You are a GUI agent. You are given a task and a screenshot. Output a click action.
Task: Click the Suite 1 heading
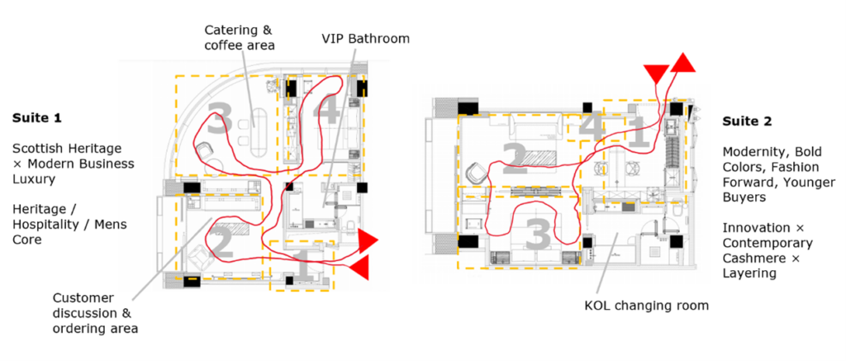(x=37, y=117)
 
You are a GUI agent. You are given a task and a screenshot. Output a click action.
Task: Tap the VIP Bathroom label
(x=366, y=39)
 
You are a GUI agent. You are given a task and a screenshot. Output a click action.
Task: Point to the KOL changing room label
(x=646, y=306)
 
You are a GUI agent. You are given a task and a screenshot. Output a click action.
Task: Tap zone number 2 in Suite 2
(x=515, y=158)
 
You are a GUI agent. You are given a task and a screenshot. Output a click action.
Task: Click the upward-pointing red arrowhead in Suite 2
(x=682, y=63)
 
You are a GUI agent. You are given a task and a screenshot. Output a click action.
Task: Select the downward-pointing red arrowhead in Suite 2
(x=657, y=74)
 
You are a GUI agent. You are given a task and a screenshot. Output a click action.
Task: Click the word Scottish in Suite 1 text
(x=37, y=148)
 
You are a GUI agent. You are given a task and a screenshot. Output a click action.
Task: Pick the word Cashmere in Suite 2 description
(x=748, y=259)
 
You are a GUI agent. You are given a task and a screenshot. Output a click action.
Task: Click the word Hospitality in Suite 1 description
(x=45, y=224)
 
